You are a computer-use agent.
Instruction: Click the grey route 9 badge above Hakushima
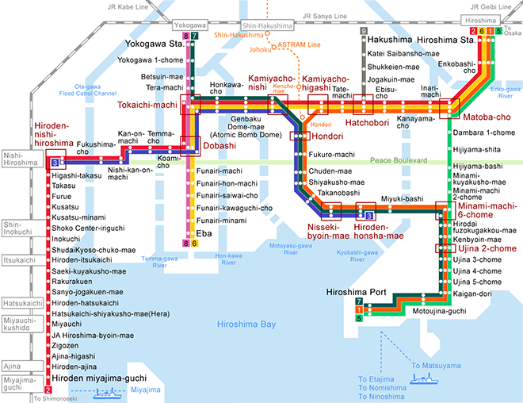[x=364, y=31]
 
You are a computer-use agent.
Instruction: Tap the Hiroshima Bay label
[x=246, y=324]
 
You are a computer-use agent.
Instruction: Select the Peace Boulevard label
[x=399, y=160]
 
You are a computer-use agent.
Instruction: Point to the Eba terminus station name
[x=204, y=233]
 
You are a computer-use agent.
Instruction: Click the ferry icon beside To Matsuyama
[x=424, y=379]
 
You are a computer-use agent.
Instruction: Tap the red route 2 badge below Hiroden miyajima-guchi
[x=48, y=390]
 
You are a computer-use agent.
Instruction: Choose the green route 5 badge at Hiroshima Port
[x=359, y=318]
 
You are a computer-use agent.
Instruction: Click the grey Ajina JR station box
[x=23, y=366]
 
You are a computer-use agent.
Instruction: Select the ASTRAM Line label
[x=299, y=44]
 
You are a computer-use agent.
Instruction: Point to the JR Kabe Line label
[x=128, y=6]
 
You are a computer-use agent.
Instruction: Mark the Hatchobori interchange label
[x=367, y=123]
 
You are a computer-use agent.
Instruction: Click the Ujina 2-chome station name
[x=487, y=248]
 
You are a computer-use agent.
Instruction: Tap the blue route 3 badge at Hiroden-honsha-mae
[x=369, y=216]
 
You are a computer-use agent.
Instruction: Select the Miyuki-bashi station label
[x=402, y=199]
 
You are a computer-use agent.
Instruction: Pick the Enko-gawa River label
[x=506, y=93]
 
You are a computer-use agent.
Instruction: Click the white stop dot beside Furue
[x=48, y=196]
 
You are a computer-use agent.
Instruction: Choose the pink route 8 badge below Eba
[x=185, y=244]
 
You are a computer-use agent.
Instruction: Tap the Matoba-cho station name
[x=487, y=117]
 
